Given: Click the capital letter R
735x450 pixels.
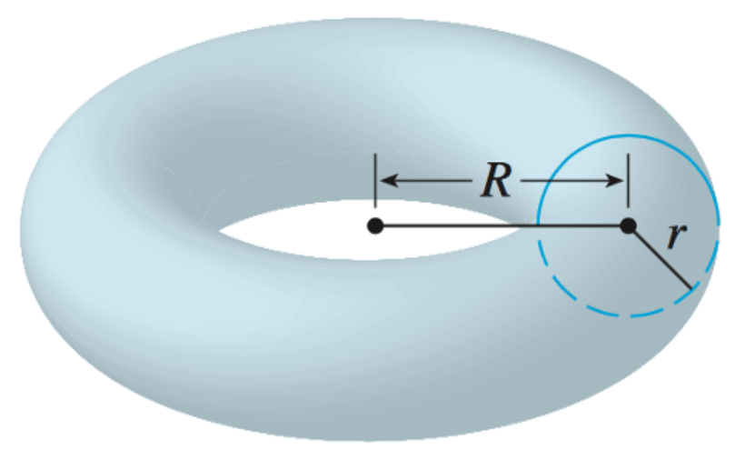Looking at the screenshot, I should coord(496,182).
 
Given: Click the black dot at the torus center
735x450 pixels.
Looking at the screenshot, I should coord(374,225).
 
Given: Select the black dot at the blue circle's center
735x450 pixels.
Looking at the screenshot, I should coord(627,225).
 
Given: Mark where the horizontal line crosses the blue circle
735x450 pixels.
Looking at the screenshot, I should coord(538,225).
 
